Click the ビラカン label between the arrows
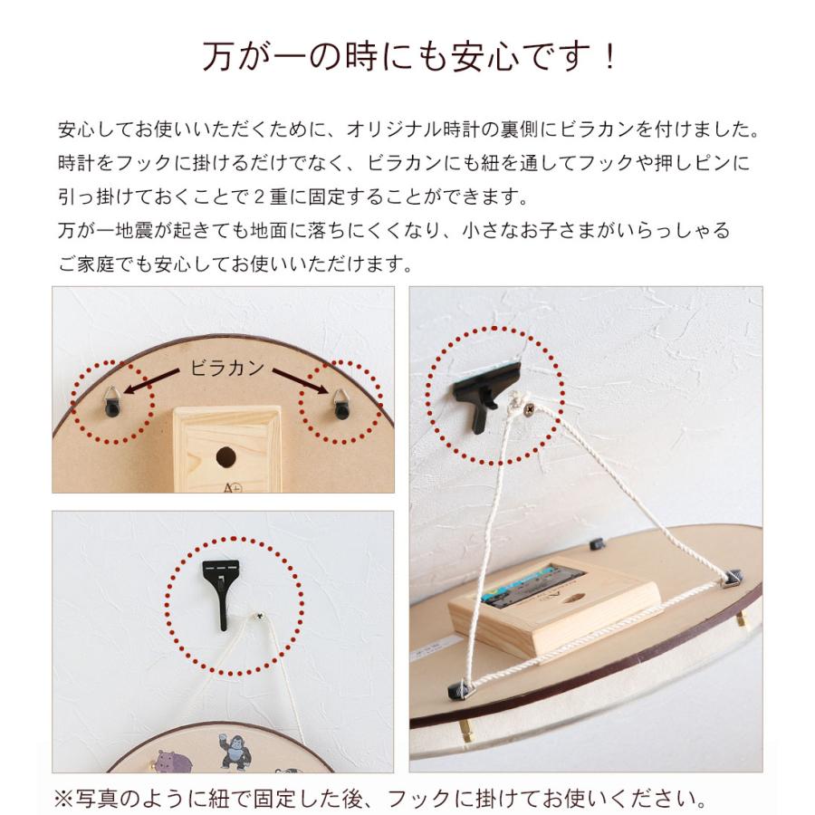point(226,368)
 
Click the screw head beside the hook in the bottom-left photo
point(260,618)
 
